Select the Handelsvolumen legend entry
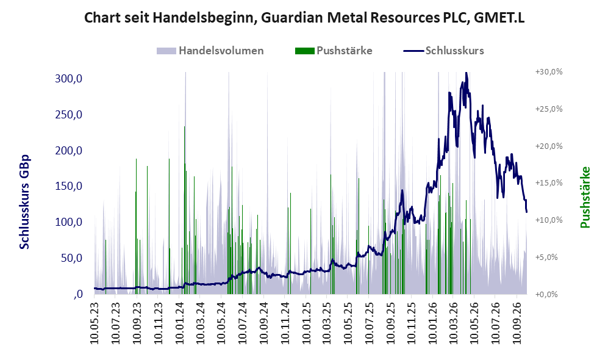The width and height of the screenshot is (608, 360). (x=210, y=51)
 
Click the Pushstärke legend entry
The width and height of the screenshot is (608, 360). (x=334, y=51)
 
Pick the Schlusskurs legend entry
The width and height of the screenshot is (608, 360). (x=443, y=51)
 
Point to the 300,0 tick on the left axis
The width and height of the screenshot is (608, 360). (x=69, y=79)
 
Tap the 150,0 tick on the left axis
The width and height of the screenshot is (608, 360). (x=69, y=186)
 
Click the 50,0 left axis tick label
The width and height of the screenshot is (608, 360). (x=72, y=258)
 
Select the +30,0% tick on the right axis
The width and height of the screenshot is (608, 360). (x=549, y=72)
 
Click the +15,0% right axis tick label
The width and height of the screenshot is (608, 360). (x=549, y=182)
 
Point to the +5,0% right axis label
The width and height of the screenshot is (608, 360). (x=546, y=257)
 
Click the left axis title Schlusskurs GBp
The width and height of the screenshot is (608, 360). (x=24, y=202)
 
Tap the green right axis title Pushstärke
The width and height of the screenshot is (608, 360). (x=585, y=197)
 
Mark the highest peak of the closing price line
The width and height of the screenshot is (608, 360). (x=466, y=73)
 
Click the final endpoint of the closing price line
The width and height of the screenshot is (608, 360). (x=526, y=211)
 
